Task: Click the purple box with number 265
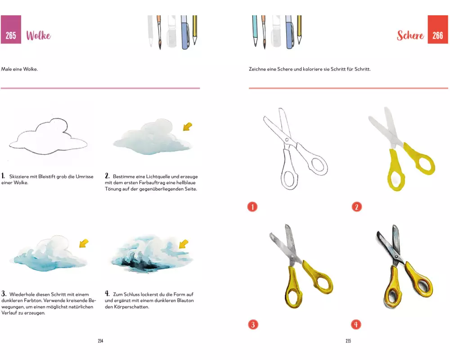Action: (x=11, y=30)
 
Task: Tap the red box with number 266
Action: (x=438, y=30)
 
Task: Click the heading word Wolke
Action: (x=38, y=36)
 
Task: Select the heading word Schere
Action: (x=410, y=35)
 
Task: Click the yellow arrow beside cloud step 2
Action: (x=188, y=126)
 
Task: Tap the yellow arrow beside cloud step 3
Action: (x=84, y=243)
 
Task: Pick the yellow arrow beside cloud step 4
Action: (x=184, y=244)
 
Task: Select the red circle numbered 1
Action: (x=252, y=207)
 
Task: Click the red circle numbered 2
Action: (x=357, y=207)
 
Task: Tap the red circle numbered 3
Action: (x=253, y=325)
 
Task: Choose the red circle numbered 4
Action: (x=356, y=325)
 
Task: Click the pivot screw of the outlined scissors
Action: (x=287, y=140)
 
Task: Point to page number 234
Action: (x=100, y=341)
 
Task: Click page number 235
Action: (x=348, y=341)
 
